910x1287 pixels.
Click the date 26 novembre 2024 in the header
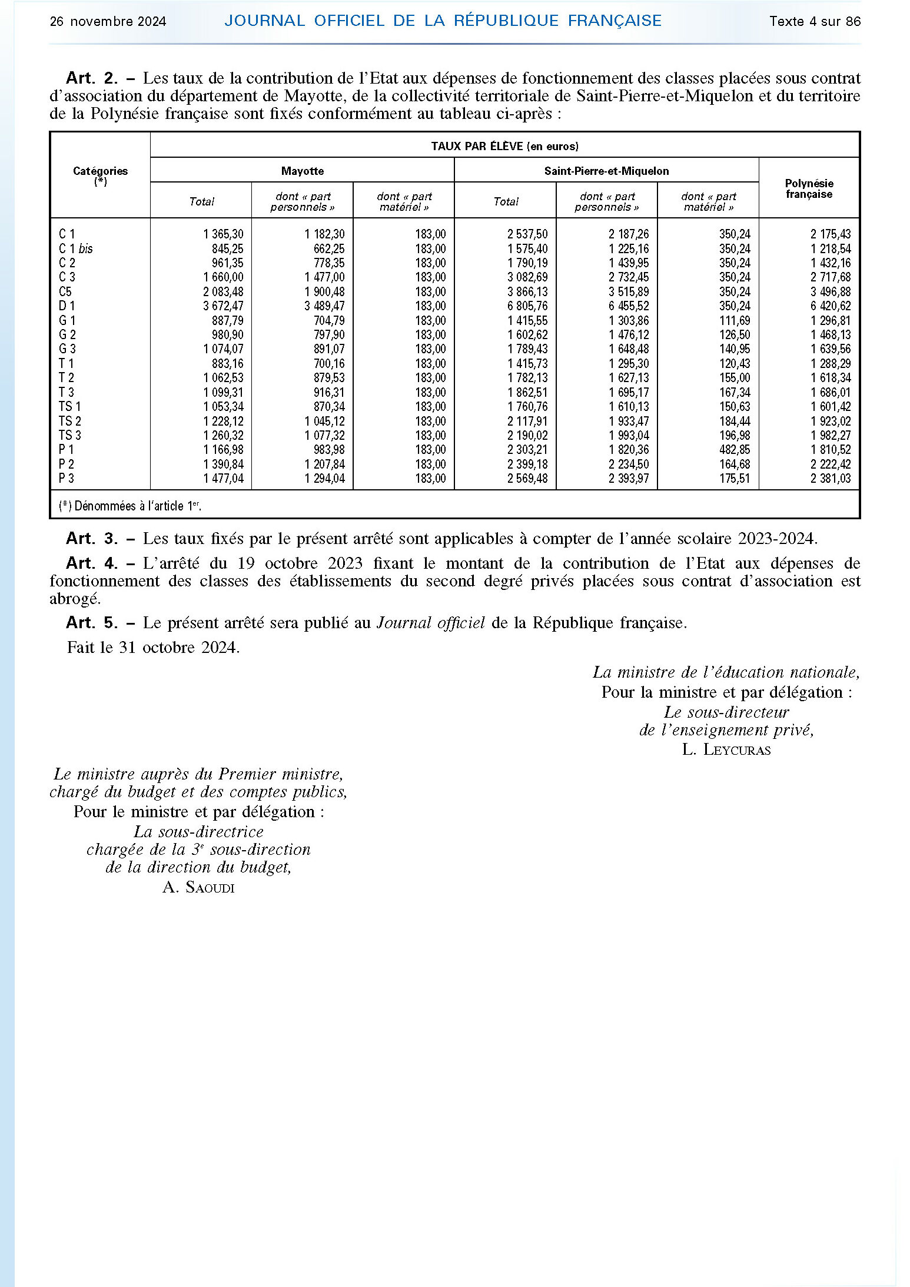[108, 22]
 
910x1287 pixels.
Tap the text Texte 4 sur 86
[815, 22]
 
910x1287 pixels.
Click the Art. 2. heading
[92, 78]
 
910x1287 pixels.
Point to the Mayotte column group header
[302, 171]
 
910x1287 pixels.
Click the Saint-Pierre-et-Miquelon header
[606, 171]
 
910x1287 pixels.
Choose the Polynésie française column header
[809, 188]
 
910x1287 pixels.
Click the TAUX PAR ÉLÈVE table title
[504, 146]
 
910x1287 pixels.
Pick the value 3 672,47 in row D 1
[223, 306]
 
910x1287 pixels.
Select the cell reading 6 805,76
[527, 306]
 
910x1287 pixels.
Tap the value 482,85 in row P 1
[735, 450]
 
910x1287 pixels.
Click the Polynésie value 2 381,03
[831, 479]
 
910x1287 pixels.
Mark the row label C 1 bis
[76, 249]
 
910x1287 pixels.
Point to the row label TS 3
[70, 436]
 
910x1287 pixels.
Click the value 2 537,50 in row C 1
[527, 234]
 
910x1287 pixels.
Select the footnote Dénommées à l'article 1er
[130, 506]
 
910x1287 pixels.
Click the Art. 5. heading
[92, 623]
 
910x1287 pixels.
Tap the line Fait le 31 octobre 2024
[153, 648]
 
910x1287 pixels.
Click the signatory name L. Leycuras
[726, 749]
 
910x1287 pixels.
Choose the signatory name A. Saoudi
[198, 887]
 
